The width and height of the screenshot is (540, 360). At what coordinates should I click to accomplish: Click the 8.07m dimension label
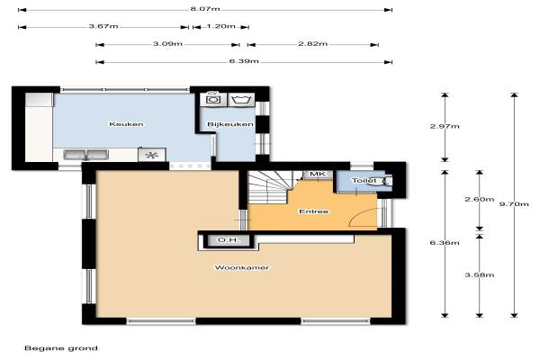(205, 9)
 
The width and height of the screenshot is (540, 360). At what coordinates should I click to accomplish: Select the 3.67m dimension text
(103, 26)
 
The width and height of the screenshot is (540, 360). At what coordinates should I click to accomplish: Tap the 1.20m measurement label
(221, 26)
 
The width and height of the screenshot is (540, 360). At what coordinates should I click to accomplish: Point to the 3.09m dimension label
(167, 44)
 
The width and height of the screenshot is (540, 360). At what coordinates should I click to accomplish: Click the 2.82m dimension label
(312, 44)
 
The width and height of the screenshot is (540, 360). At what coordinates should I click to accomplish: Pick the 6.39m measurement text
(244, 61)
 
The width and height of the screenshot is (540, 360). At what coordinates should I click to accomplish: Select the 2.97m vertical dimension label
(445, 126)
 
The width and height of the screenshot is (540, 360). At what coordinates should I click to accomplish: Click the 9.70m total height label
(514, 204)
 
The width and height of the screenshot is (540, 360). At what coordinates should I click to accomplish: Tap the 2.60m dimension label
(480, 199)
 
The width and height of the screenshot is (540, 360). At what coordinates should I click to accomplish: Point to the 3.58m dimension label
(480, 274)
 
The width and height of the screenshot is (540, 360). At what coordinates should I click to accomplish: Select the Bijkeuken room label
(230, 124)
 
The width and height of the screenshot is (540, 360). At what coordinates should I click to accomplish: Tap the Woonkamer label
(242, 267)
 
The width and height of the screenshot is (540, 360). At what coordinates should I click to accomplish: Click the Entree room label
(314, 211)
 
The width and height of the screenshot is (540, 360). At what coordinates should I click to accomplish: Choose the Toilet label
(364, 181)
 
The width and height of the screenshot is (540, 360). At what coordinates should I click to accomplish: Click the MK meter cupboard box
(318, 175)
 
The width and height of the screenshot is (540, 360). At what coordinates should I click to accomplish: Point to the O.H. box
(229, 240)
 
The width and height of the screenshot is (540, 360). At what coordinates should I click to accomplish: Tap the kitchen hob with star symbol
(152, 155)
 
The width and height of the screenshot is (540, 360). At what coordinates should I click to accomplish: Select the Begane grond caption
(61, 348)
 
